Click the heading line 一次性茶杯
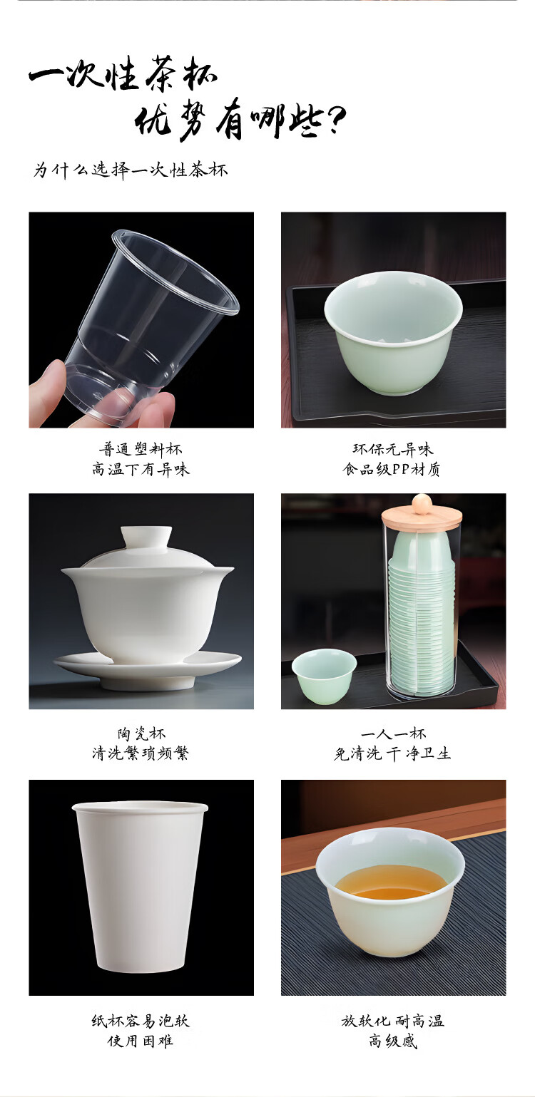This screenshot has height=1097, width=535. click(x=123, y=73)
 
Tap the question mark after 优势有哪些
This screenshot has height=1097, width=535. click(x=334, y=120)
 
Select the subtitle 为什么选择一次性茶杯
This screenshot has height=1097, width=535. click(x=131, y=170)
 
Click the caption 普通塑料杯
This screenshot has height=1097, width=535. click(x=141, y=449)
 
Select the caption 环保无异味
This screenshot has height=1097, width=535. click(x=392, y=449)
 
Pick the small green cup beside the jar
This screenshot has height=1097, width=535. click(x=324, y=676)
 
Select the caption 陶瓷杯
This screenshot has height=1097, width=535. click(x=141, y=733)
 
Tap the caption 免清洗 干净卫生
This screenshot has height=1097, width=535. click(x=392, y=753)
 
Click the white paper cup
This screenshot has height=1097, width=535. click(x=140, y=887)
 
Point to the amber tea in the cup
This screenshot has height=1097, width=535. click(x=390, y=882)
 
